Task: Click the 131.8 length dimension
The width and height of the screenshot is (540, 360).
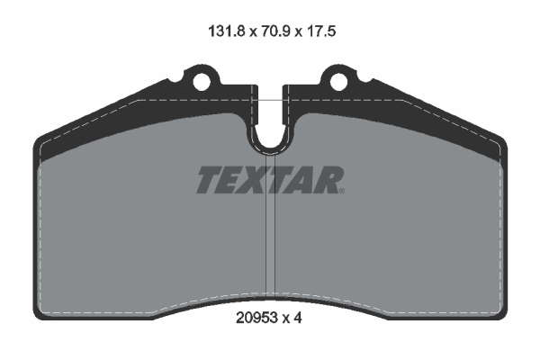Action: point(227,31)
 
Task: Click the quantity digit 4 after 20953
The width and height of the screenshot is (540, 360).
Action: point(298,318)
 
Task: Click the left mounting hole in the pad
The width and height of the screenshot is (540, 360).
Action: point(202,82)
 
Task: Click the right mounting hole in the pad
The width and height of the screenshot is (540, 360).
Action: point(338,82)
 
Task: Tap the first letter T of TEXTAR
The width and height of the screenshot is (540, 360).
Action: point(210,180)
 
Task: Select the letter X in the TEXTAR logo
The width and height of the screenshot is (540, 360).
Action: point(253,180)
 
